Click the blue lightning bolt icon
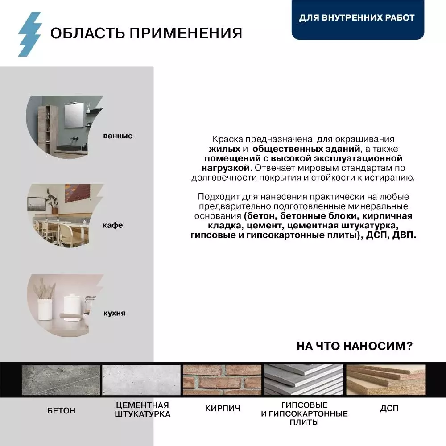29,34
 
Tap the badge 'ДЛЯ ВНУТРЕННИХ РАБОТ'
357,18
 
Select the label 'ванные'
118,136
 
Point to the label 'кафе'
113,225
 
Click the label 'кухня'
114,313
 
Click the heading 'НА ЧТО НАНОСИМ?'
354,346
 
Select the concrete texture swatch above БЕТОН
61,380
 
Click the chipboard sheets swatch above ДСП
386,380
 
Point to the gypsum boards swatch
304,380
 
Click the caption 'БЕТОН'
61,410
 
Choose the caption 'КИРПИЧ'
223,408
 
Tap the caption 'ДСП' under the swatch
389,408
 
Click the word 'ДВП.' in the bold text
404,235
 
